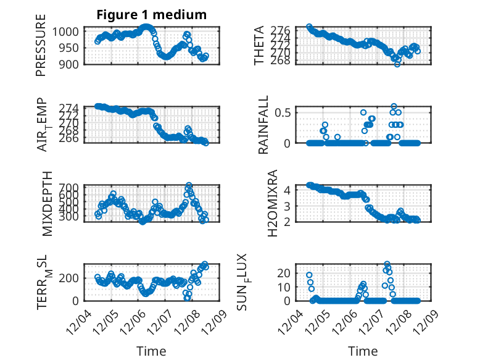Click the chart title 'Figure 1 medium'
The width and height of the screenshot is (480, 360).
point(151,14)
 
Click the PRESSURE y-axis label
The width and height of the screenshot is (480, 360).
point(41,49)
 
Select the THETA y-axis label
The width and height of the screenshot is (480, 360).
point(260,46)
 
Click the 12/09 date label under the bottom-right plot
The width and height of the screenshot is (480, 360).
point(426,320)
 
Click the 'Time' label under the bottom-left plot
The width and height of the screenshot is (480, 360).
point(151,351)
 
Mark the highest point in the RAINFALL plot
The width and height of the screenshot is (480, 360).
point(394,106)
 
